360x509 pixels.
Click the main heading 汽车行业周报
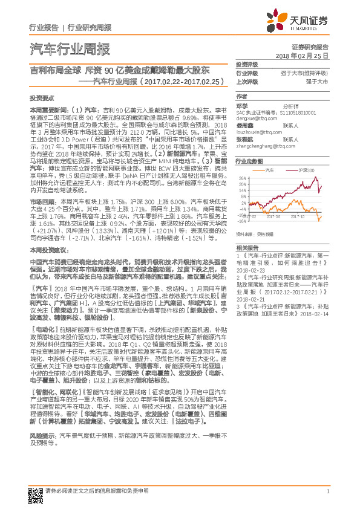[70, 49]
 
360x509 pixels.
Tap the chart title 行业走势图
[249, 162]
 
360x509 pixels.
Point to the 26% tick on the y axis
[242, 178]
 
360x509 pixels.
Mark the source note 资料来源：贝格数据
[255, 232]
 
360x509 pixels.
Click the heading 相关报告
[246, 248]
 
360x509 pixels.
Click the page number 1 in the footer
[327, 491]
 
